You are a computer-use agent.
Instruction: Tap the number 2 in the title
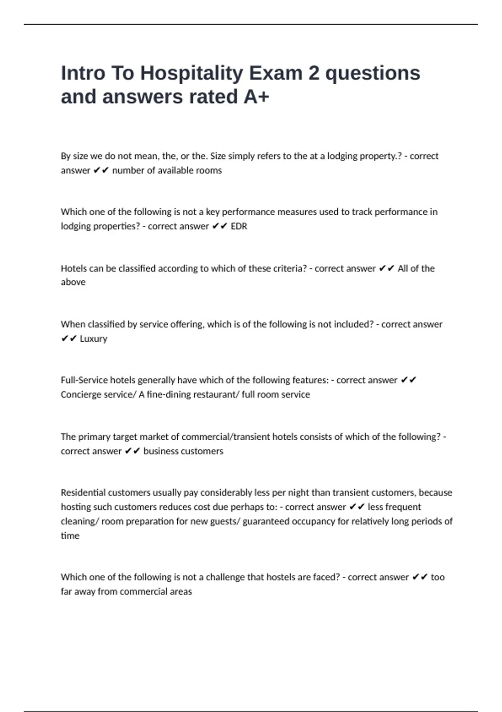click(x=314, y=73)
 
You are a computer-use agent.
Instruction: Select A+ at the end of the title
click(x=256, y=97)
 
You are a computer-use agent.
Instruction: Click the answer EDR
click(x=239, y=226)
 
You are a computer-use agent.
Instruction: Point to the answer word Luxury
click(x=93, y=338)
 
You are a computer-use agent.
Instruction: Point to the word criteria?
click(x=288, y=268)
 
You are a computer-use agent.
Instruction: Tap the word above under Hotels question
click(x=73, y=282)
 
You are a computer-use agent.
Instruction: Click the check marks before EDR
click(x=220, y=226)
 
